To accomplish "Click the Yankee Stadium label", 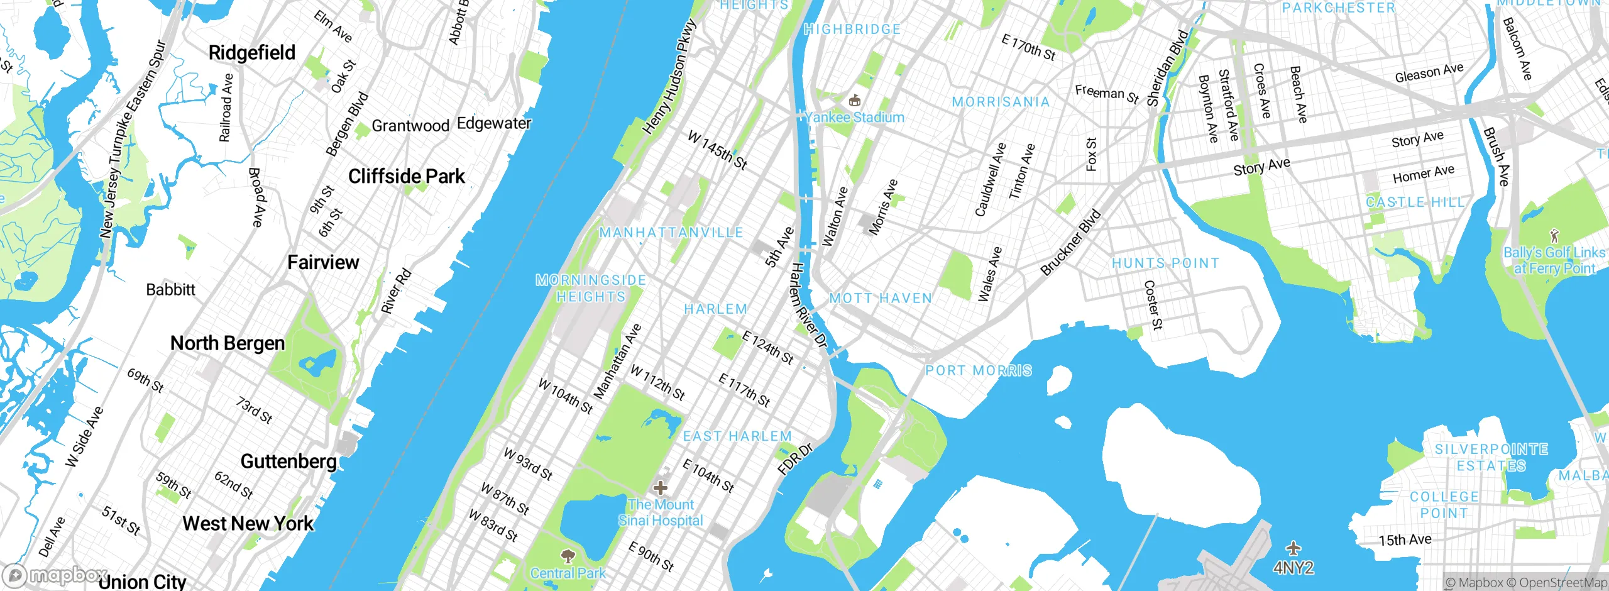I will pyautogui.click(x=855, y=118).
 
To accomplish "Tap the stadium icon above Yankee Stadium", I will pyautogui.click(x=854, y=100).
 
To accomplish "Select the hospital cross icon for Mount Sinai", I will pyautogui.click(x=661, y=487).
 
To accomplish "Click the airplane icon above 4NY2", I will pyautogui.click(x=1293, y=548).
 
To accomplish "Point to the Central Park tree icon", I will pyautogui.click(x=568, y=556).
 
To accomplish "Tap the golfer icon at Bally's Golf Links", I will pyautogui.click(x=1554, y=236).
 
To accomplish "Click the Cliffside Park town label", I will pyautogui.click(x=407, y=177).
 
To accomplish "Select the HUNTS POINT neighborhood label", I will pyautogui.click(x=1165, y=263).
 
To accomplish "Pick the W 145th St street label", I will pyautogui.click(x=717, y=150).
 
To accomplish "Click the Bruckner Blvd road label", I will pyautogui.click(x=1071, y=242).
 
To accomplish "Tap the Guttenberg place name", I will pyautogui.click(x=288, y=461).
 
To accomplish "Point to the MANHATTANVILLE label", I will pyautogui.click(x=671, y=233).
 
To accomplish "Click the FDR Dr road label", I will pyautogui.click(x=795, y=458).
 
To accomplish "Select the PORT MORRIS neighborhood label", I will pyautogui.click(x=979, y=370).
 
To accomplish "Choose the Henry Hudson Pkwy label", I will pyautogui.click(x=670, y=77).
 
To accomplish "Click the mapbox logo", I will pyautogui.click(x=55, y=575).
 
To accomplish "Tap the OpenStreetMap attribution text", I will pyautogui.click(x=1562, y=583).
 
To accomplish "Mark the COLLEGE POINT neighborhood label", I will pyautogui.click(x=1444, y=505).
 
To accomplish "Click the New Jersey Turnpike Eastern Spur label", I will pyautogui.click(x=133, y=139).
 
